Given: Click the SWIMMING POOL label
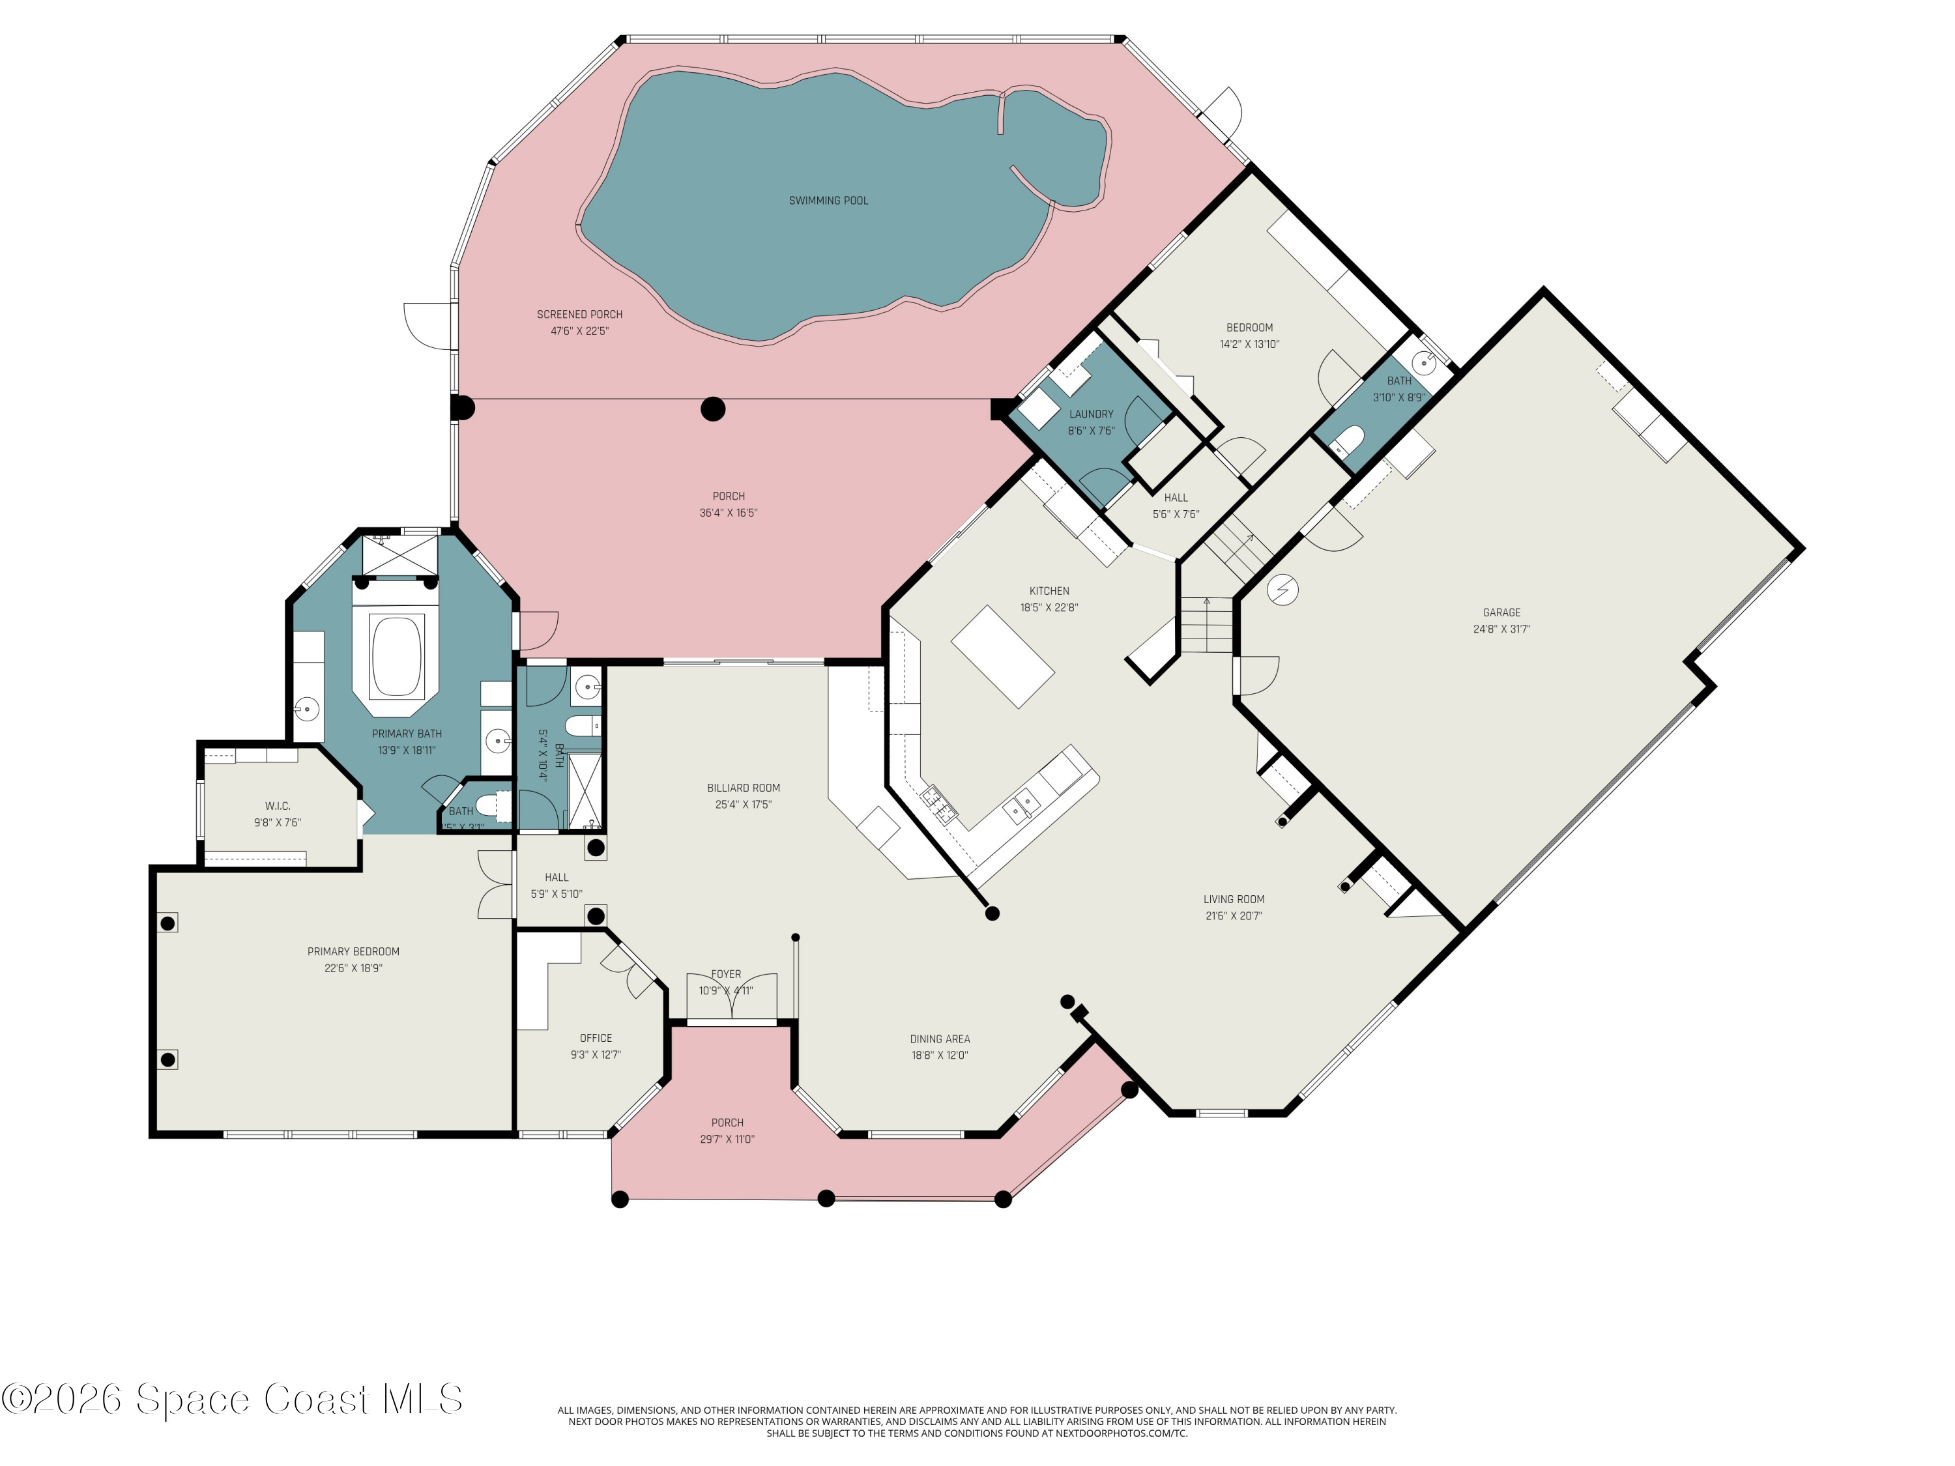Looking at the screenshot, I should pos(828,201).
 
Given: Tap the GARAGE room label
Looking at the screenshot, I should pos(1501,612).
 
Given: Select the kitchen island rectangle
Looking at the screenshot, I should pos(1002,657).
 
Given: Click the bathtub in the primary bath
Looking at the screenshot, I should pos(397,657).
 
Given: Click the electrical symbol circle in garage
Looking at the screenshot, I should pos(1282,590).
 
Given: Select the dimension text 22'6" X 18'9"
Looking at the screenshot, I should pos(353,968).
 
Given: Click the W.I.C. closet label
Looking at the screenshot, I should pos(278,806).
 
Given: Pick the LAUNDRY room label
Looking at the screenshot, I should pos(1091,414).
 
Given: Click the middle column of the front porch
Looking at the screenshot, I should pos(826,1199).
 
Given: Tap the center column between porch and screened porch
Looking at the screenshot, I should pos(713,409).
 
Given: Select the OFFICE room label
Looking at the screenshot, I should pos(596,1039).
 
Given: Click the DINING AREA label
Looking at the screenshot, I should pos(940,1039).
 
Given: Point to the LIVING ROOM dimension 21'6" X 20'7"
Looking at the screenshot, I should pos(1233,916).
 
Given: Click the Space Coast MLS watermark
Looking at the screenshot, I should pos(231,1399).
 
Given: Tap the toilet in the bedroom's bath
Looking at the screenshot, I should pos(1347,439).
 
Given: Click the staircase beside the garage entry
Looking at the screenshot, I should pos(1206,625).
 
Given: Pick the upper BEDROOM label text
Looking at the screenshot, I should pos(1249,328).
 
